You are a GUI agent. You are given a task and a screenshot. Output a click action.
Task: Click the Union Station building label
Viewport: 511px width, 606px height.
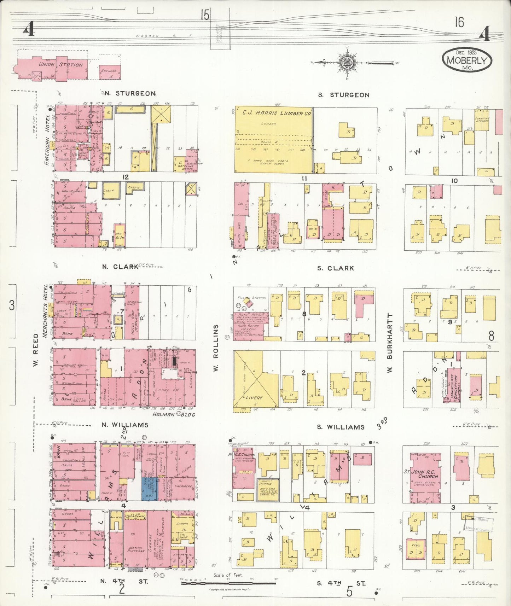click(x=60, y=65)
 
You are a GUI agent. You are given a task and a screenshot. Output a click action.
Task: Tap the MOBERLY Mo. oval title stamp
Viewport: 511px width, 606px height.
click(x=466, y=60)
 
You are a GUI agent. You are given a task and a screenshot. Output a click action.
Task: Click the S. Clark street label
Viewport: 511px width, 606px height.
click(x=335, y=268)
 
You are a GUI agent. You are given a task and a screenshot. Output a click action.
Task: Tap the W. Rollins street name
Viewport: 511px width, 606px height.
click(x=216, y=348)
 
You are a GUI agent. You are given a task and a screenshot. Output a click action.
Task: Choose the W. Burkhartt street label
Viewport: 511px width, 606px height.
click(x=390, y=343)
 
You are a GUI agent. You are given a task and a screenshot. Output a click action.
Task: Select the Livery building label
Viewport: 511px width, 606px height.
click(x=254, y=398)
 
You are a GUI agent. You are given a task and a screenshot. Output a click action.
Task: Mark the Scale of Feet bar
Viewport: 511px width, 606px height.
click(x=228, y=582)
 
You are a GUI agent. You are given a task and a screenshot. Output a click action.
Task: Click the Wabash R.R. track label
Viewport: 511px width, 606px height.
click(x=164, y=36)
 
